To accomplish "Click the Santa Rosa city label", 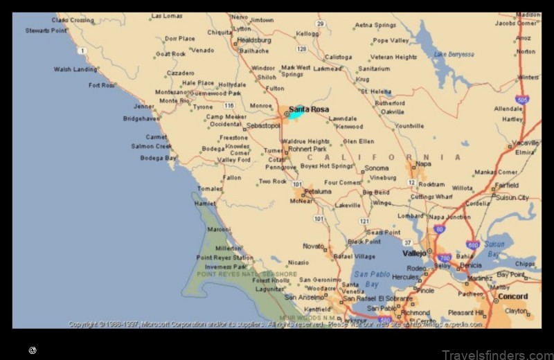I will (x=309, y=109).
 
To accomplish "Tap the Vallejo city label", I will (x=415, y=254).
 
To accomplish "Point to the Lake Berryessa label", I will (x=454, y=55).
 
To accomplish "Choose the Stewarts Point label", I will (x=47, y=30).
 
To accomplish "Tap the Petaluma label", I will (x=318, y=191).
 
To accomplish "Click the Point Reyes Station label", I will (x=224, y=258).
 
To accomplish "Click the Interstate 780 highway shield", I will (x=444, y=258).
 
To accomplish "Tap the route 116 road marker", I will (x=229, y=105).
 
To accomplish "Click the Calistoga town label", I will (x=338, y=57).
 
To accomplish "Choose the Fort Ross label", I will (x=102, y=85).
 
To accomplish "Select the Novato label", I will (x=313, y=246).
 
